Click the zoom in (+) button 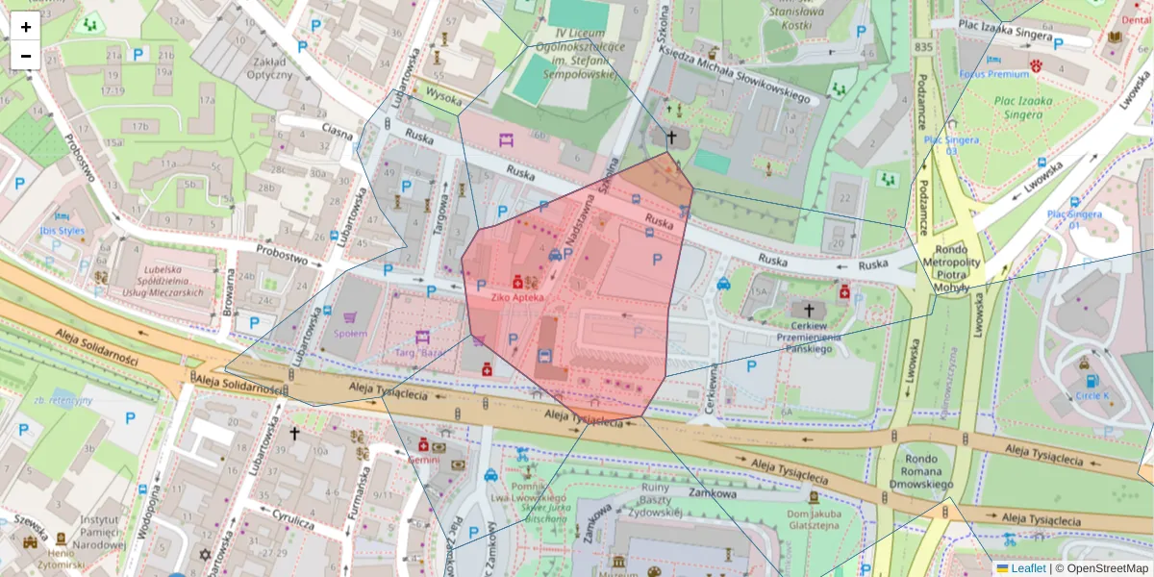26,27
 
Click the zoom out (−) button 26,56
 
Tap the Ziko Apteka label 517,297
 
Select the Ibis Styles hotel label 62,231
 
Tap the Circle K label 1091,394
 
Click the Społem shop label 350,333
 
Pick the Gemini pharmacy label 423,459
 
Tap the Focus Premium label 994,74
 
